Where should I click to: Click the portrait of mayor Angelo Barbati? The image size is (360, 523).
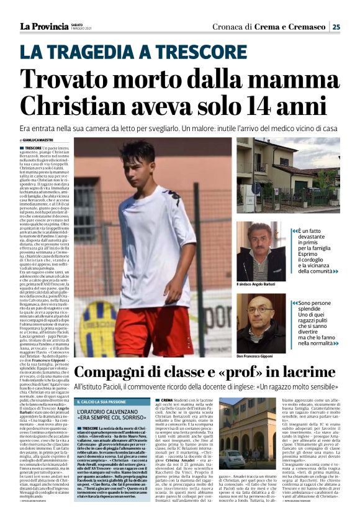coord(261,251)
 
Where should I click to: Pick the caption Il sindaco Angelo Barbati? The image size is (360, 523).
coord(259,284)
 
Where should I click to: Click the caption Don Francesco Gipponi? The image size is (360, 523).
coord(261,357)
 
